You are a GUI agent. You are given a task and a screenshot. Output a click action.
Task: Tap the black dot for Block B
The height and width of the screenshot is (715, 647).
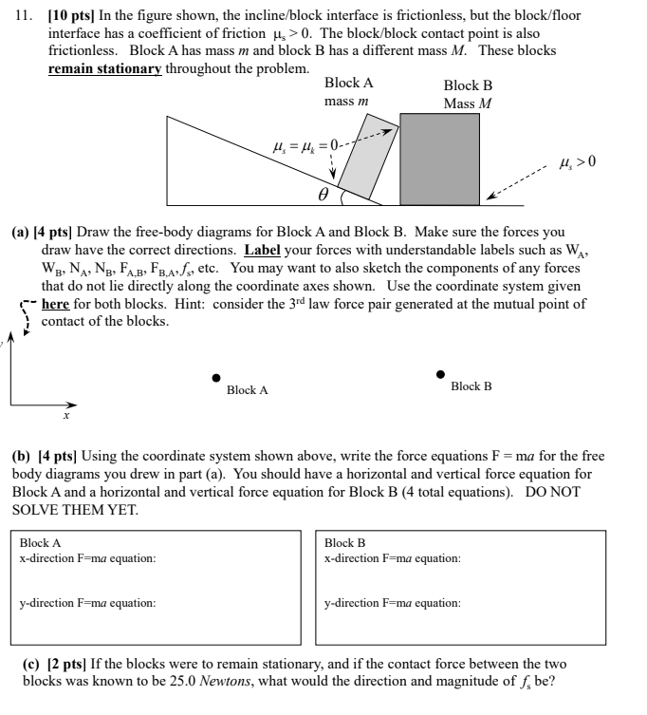point(440,374)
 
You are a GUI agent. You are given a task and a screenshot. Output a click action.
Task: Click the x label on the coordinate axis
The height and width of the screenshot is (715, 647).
point(67,415)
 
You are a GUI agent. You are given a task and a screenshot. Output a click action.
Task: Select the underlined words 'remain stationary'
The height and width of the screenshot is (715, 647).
point(104,69)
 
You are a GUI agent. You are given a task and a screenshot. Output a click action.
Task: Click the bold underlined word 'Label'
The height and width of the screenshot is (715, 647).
point(261,251)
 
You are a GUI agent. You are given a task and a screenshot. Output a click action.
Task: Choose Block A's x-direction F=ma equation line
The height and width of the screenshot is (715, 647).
point(88,557)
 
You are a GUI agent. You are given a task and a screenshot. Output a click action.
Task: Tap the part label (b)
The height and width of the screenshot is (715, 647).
point(21,457)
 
